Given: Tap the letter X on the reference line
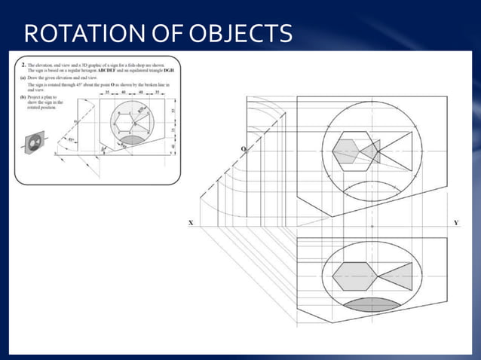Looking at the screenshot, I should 191,223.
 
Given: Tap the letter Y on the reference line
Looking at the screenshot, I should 456,223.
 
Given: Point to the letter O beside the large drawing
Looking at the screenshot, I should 243,150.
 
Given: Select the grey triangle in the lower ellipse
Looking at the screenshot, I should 395,276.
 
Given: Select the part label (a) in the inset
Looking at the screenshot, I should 24,78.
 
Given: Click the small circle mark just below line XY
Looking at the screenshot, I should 372,227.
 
